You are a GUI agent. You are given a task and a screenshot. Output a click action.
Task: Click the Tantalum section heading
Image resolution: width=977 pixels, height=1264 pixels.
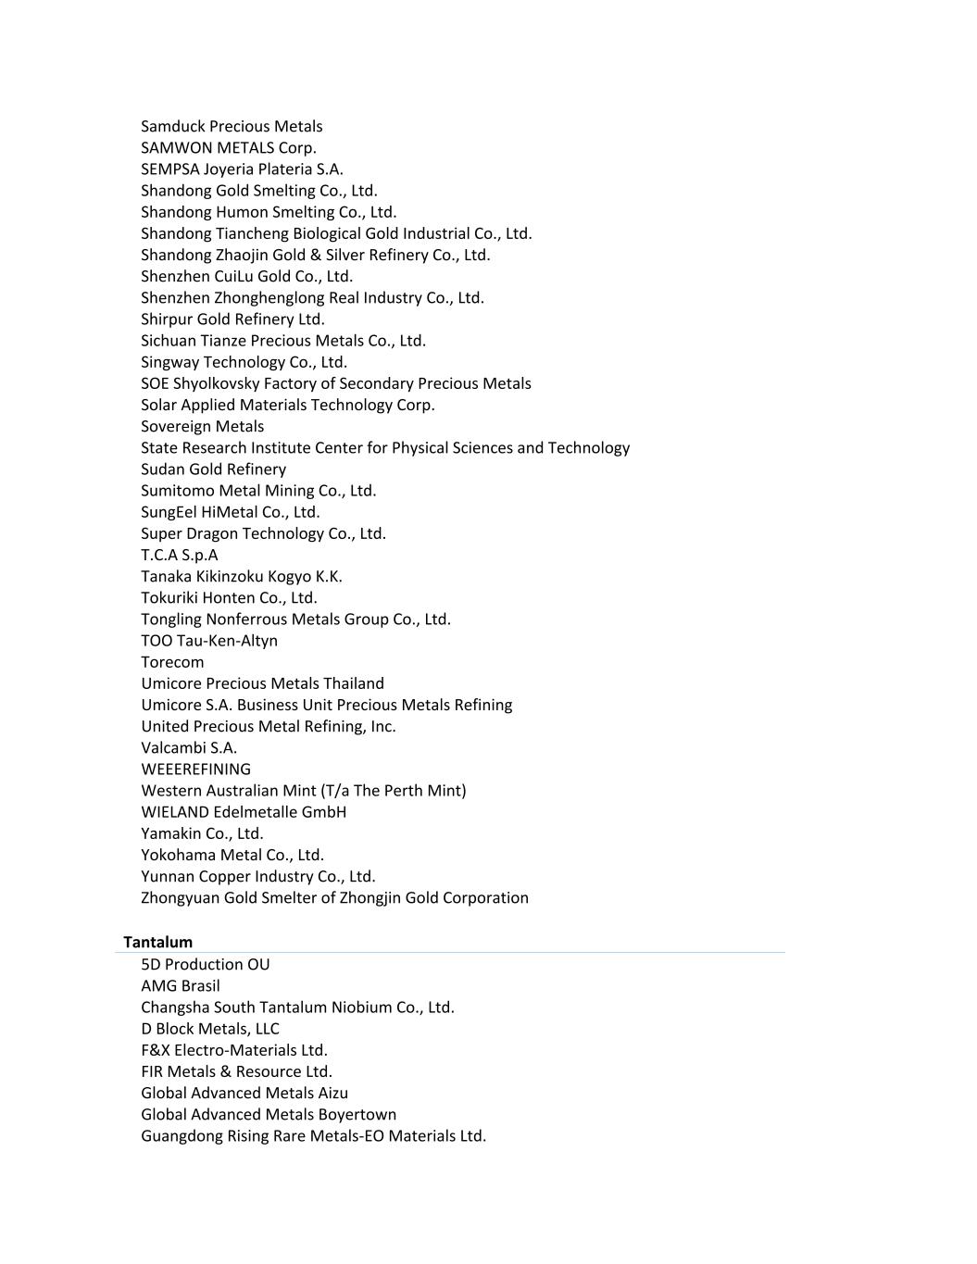[157, 942]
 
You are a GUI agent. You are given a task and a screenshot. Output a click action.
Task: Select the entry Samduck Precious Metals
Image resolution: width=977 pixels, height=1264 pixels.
[232, 126]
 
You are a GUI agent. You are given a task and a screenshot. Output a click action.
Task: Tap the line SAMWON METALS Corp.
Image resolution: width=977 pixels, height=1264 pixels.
[228, 147]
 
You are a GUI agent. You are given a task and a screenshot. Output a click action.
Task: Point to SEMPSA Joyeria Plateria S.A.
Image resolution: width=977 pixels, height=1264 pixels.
[242, 169]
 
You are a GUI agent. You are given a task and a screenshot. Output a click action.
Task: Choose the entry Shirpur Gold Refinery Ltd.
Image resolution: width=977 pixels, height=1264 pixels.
[232, 319]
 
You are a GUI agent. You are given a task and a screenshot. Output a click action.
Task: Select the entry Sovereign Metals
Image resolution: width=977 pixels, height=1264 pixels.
[202, 426]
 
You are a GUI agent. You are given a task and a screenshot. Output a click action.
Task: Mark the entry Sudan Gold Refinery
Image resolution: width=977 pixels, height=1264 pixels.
[213, 469]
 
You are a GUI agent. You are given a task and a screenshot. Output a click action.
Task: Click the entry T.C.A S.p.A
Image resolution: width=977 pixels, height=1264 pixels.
[179, 555]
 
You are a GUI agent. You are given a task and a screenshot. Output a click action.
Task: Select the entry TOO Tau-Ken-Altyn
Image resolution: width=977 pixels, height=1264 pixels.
[208, 640]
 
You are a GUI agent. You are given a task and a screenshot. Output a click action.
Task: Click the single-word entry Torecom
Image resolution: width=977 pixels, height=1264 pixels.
[172, 661]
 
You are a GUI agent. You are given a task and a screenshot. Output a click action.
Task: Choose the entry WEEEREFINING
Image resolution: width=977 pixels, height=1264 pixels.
[195, 769]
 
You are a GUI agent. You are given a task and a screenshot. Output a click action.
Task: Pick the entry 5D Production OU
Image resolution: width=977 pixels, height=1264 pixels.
[205, 964]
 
